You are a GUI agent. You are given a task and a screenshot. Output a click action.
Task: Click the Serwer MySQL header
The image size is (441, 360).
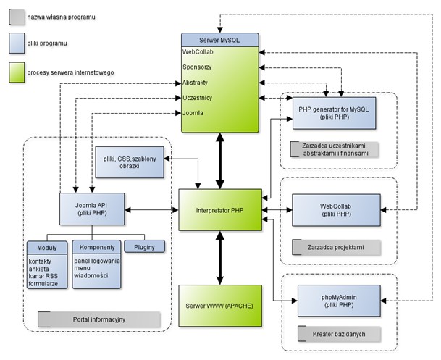[219, 40]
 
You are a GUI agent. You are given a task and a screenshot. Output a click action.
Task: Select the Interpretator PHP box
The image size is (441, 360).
[220, 210]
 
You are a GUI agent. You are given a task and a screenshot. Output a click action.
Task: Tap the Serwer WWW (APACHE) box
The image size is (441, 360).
[220, 306]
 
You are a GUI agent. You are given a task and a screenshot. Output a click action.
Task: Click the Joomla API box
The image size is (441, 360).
[92, 209]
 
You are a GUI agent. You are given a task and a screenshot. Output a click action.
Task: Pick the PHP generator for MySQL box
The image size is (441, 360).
[334, 113]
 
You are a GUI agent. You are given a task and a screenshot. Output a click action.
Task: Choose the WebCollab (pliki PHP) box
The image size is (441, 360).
[337, 210]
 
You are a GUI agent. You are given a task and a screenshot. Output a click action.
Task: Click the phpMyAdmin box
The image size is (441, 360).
[339, 301]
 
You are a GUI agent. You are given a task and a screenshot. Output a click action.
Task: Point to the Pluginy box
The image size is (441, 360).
[144, 247]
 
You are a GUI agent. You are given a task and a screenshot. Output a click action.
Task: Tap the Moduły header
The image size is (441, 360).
[47, 248]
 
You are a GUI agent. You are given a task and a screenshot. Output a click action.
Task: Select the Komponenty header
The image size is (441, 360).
[97, 247]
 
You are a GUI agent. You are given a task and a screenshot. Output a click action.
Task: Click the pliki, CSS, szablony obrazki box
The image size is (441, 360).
[130, 162]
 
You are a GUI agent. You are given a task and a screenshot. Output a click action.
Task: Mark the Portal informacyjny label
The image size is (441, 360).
[99, 319]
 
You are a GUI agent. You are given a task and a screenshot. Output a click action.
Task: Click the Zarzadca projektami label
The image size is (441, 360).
[336, 247]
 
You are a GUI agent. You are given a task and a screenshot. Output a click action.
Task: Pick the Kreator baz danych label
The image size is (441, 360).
[339, 334]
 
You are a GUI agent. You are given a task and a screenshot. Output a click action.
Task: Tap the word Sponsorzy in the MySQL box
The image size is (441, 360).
[197, 67]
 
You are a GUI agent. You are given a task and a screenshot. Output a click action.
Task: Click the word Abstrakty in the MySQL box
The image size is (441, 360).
[196, 83]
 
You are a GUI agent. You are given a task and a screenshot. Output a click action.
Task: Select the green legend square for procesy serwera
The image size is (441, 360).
[17, 72]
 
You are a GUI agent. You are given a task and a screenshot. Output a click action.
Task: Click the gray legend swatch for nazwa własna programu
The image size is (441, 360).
[17, 17]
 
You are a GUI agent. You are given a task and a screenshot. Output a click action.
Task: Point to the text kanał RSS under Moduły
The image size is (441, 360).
[43, 276]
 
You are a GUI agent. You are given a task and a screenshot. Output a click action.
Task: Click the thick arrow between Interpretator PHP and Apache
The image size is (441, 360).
[220, 258]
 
